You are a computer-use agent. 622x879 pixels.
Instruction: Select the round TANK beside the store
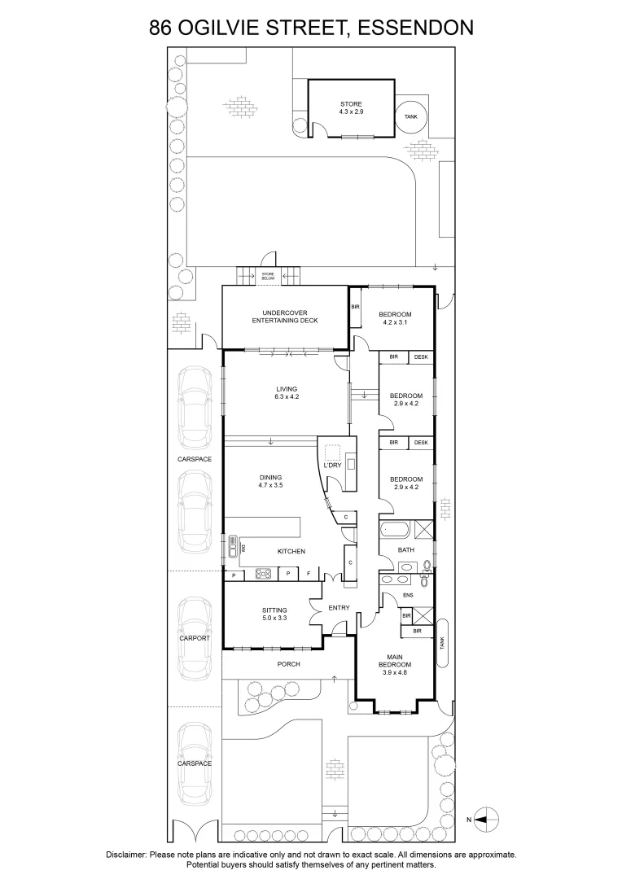pyautogui.click(x=411, y=116)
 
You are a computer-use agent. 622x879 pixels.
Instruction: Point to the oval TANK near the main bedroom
pyautogui.click(x=442, y=642)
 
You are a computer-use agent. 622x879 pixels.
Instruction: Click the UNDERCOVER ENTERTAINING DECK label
pyautogui.click(x=284, y=317)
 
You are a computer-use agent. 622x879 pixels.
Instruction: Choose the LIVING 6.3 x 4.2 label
pyautogui.click(x=287, y=393)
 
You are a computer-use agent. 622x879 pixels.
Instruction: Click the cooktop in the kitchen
pyautogui.click(x=263, y=573)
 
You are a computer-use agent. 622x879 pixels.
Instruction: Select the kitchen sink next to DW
pyautogui.click(x=232, y=540)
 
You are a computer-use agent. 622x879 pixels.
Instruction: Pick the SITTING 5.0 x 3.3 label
pyautogui.click(x=274, y=614)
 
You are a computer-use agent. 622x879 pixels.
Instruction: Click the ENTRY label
pyautogui.click(x=339, y=608)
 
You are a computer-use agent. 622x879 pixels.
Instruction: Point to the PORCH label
pyautogui.click(x=289, y=664)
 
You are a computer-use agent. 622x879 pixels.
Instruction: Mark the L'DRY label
pyautogui.click(x=331, y=466)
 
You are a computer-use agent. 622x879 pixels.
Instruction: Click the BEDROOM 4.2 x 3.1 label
pyautogui.click(x=395, y=318)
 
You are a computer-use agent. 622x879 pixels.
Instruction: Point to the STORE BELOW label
pyautogui.click(x=268, y=277)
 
